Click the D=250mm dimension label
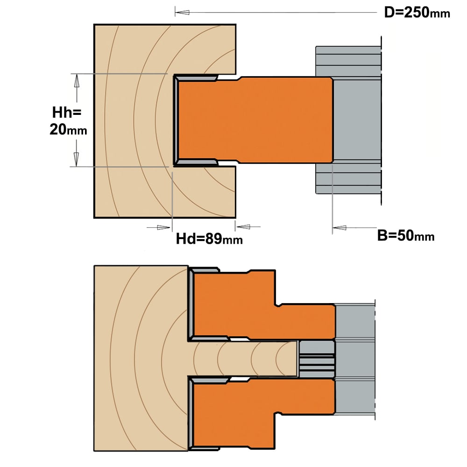417,13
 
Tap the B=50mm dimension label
406,235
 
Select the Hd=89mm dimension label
209,239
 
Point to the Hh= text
67,113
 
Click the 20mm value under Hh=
68,130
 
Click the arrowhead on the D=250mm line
182,13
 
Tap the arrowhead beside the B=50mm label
340,228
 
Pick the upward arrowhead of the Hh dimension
77,81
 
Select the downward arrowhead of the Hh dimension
77,159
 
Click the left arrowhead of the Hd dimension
163,227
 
